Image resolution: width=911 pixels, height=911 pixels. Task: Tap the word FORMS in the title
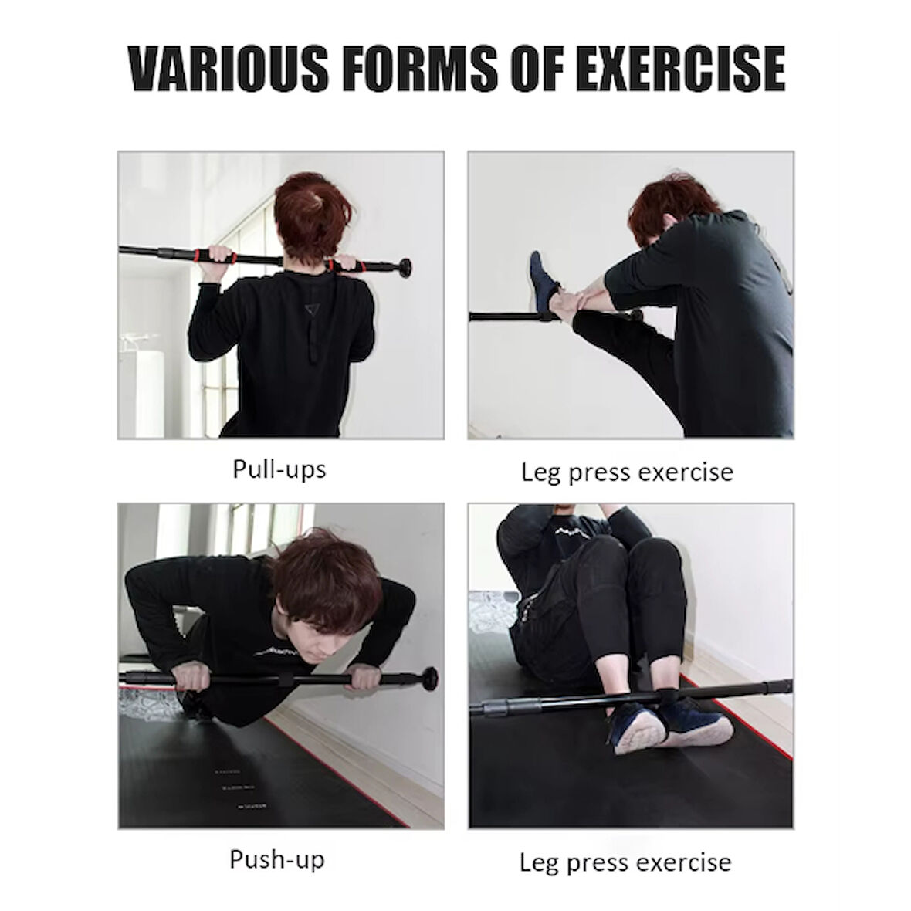point(417,69)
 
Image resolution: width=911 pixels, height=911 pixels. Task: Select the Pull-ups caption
point(279,469)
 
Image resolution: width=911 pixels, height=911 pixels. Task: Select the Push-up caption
point(276,859)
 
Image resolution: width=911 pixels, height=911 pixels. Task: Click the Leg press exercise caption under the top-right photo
point(627,472)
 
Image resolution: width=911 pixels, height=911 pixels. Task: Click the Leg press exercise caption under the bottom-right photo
point(625,862)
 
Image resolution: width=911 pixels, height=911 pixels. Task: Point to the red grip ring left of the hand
point(205,254)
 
